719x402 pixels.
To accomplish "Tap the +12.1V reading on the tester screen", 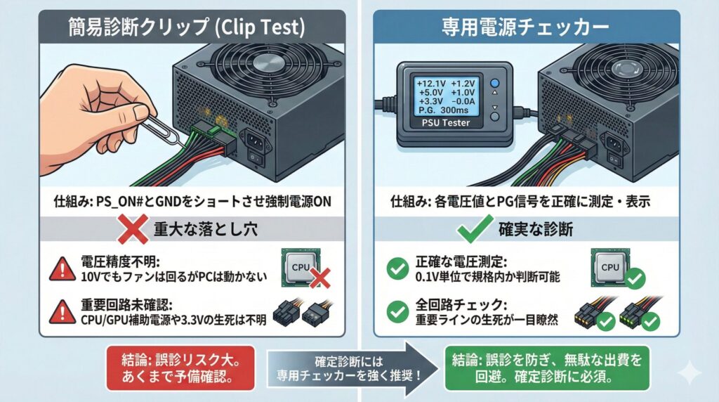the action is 430,84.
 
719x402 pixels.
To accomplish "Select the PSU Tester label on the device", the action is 446,123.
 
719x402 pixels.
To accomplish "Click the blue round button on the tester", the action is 495,84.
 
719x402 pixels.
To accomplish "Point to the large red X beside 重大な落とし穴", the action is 133,228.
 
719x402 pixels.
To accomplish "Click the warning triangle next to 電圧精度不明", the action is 62,269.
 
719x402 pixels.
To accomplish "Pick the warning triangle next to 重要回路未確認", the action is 62,312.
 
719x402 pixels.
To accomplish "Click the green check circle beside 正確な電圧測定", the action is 397,269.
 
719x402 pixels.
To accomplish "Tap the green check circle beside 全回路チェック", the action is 397,311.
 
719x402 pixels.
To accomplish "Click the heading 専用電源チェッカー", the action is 525,27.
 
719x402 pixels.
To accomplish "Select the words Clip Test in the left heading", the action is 263,27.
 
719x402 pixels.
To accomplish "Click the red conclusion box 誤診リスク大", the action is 180,368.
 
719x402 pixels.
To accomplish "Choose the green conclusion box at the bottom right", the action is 548,368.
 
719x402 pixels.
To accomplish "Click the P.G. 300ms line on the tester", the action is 442,110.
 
